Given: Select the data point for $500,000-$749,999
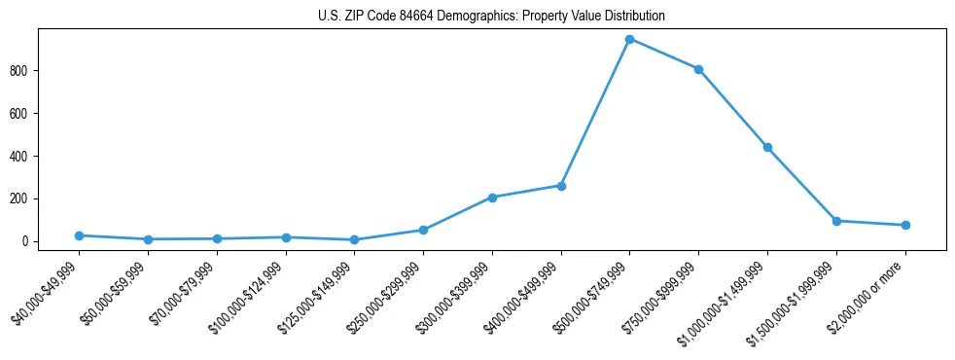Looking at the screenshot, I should click(629, 39).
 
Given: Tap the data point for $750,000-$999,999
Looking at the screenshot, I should click(698, 69).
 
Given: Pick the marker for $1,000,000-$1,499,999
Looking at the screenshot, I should click(767, 147).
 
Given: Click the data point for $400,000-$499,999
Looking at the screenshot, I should click(561, 185).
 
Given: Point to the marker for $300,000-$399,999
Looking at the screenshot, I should click(492, 198).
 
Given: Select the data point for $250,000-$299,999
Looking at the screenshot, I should click(423, 230).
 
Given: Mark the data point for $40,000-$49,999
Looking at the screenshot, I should click(79, 235).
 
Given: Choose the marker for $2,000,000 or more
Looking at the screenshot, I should click(905, 225).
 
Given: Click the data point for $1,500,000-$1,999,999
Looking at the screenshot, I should click(836, 221).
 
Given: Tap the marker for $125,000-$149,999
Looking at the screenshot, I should click(354, 239).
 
